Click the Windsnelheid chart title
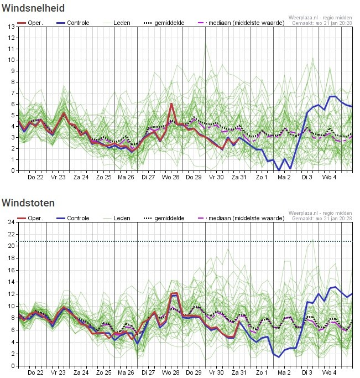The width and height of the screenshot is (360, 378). tap(33, 8)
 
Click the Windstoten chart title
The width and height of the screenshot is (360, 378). tap(28, 203)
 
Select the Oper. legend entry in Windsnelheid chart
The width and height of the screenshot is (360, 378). tap(30, 23)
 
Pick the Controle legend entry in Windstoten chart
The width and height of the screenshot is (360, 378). tap(73, 218)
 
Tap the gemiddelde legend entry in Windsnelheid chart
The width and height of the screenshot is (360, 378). tap(164, 23)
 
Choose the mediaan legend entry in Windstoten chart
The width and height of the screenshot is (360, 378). tap(241, 218)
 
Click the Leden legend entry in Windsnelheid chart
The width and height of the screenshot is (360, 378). tap(117, 23)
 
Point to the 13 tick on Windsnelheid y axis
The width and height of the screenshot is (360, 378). tap(11, 27)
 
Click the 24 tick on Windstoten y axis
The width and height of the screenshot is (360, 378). tap(11, 222)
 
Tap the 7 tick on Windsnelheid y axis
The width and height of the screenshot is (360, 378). tap(13, 93)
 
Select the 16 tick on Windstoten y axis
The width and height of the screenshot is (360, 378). tap(11, 270)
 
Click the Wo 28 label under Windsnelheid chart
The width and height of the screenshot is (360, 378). tap(171, 177)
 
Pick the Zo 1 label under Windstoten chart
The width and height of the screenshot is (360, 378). tap(262, 372)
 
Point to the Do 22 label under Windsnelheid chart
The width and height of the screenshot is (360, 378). tap(35, 177)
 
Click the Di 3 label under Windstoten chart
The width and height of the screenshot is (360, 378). tap(307, 372)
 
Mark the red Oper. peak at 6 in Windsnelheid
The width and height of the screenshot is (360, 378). tap(171, 103)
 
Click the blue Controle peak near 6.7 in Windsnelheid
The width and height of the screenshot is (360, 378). tap(332, 96)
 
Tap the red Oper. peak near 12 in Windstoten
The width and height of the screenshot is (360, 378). tap(174, 293)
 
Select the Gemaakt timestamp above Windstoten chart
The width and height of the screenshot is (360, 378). tap(322, 219)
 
